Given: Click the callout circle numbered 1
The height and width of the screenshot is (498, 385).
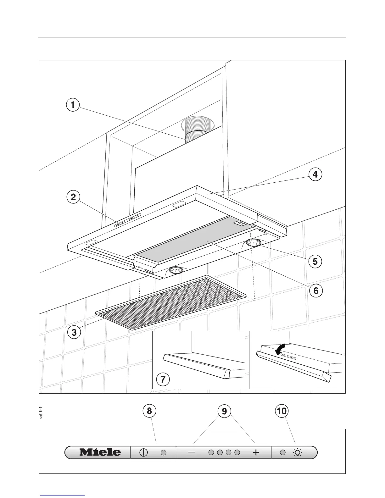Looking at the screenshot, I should click(x=73, y=105).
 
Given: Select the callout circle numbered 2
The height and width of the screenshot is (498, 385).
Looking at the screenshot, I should click(x=73, y=197).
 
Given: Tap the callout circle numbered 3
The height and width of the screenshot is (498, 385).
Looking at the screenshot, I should click(x=74, y=332).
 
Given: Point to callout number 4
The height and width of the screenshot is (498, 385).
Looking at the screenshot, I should click(x=315, y=174).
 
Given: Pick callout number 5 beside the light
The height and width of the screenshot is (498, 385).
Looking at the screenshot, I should click(x=315, y=261).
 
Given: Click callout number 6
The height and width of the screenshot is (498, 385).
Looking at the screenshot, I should click(x=316, y=291).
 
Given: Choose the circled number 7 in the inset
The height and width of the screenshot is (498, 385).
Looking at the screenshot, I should click(x=163, y=379).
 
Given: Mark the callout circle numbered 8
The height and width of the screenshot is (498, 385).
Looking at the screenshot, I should click(x=149, y=411).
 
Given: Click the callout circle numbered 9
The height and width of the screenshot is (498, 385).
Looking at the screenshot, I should click(x=224, y=411).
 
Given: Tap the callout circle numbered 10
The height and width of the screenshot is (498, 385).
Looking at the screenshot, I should click(x=282, y=411).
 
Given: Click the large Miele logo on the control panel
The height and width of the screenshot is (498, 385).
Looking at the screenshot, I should click(x=100, y=452).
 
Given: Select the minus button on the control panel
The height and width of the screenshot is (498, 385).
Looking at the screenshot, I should click(x=192, y=452).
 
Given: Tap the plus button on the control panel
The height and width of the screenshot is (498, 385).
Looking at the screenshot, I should click(x=256, y=452).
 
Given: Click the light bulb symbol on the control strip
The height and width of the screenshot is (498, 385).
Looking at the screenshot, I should click(x=297, y=452).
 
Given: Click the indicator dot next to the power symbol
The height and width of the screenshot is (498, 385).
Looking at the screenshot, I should click(x=163, y=452).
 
